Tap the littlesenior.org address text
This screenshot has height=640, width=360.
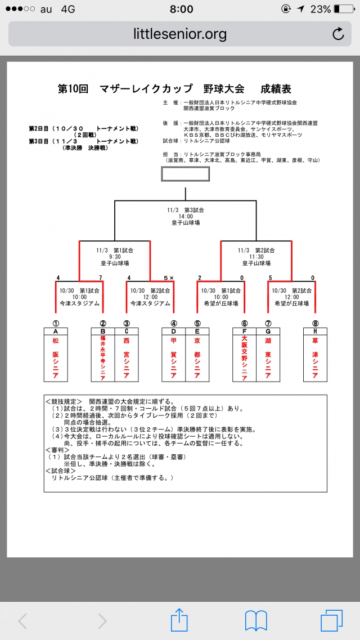(180, 34)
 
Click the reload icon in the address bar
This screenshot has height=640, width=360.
(338, 34)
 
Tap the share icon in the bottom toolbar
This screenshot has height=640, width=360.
(179, 620)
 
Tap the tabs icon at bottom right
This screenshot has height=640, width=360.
(331, 620)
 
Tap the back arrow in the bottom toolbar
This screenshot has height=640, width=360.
(23, 621)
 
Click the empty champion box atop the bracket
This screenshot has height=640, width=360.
(185, 173)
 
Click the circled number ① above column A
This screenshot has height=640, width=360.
(56, 323)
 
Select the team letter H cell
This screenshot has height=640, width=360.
(315, 331)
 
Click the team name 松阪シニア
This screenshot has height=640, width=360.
(56, 358)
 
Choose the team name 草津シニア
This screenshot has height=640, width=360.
(315, 358)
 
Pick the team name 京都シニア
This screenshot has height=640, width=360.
(197, 358)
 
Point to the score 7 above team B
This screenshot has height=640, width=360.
(100, 278)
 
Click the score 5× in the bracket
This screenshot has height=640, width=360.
(168, 278)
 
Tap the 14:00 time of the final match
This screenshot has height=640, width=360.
(186, 216)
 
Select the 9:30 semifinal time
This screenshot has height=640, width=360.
(115, 256)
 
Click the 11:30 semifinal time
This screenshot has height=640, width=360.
(256, 256)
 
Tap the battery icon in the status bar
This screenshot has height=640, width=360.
(343, 10)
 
